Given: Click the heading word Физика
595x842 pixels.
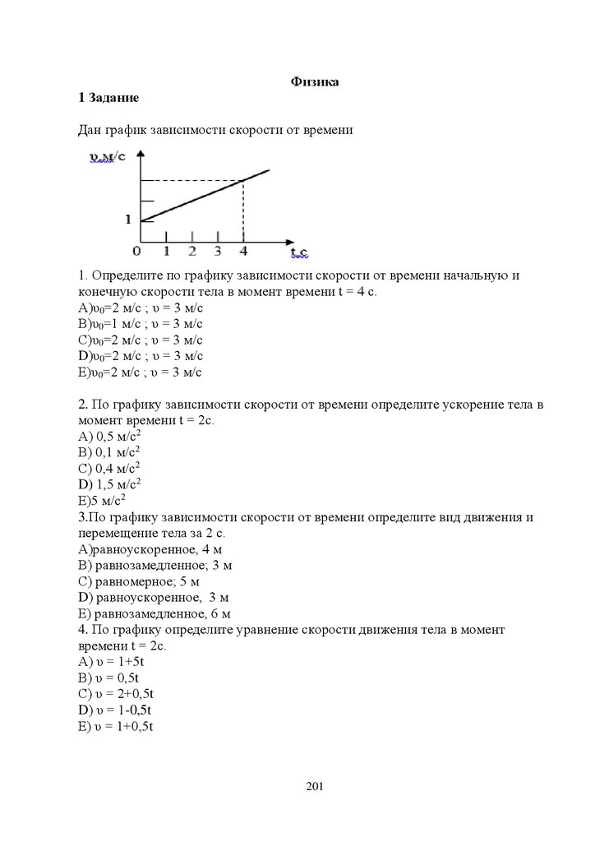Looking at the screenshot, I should click(315, 81).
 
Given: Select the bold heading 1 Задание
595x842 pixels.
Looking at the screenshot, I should click(108, 98).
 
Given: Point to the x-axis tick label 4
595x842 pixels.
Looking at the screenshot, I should click(243, 251).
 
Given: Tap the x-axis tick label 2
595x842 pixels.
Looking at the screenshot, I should click(191, 251).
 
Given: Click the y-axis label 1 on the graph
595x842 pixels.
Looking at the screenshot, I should click(128, 220).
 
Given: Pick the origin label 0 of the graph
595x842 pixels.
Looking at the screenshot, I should click(136, 251).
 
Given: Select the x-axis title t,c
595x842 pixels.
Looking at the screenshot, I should click(298, 250).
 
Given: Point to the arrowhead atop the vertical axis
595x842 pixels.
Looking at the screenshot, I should click(142, 154).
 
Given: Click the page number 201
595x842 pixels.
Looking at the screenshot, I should click(315, 787).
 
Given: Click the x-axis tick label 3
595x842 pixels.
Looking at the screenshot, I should click(217, 251).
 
